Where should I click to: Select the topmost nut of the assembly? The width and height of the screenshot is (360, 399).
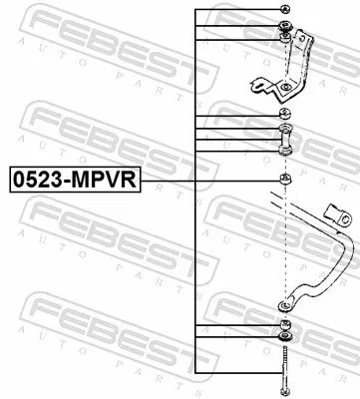tap(286, 10)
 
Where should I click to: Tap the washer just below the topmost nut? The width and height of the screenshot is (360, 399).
tap(286, 25)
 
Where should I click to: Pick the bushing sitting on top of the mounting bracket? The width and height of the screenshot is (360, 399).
tap(286, 38)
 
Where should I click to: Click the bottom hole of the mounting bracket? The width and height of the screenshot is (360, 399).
tap(286, 90)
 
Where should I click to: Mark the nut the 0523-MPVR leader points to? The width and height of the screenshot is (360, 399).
tap(286, 179)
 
